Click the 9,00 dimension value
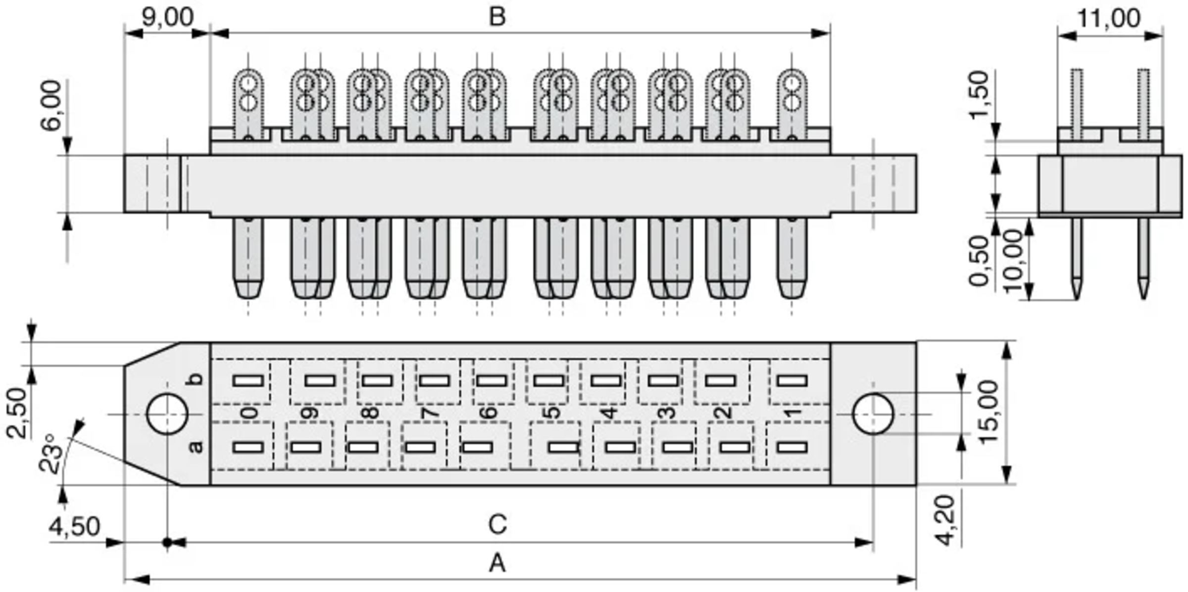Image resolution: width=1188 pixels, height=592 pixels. click(167, 18)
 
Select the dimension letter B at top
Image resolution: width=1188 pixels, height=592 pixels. click(497, 17)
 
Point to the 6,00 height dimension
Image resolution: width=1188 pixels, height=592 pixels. click(52, 105)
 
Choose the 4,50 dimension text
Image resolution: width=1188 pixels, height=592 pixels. click(74, 527)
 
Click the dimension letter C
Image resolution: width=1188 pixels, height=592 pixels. click(497, 525)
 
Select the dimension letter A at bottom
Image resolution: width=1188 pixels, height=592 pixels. click(497, 563)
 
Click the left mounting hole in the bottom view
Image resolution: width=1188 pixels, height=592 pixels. click(167, 414)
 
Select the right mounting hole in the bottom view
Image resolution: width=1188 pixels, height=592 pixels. click(873, 414)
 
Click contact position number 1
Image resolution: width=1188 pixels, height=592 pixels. click(792, 412)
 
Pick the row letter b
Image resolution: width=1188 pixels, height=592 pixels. click(197, 379)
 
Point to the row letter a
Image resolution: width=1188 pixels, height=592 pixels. click(197, 447)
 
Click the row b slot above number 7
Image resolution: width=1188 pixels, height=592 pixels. click(434, 381)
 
